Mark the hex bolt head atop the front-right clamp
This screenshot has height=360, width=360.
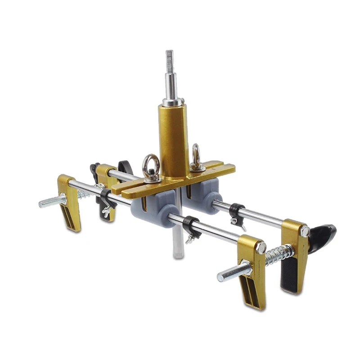tap(261, 247)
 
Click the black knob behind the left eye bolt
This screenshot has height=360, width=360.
tap(124, 166)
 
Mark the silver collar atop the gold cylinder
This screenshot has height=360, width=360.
tap(172, 102)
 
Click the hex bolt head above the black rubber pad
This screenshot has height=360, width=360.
tap(306, 231)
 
